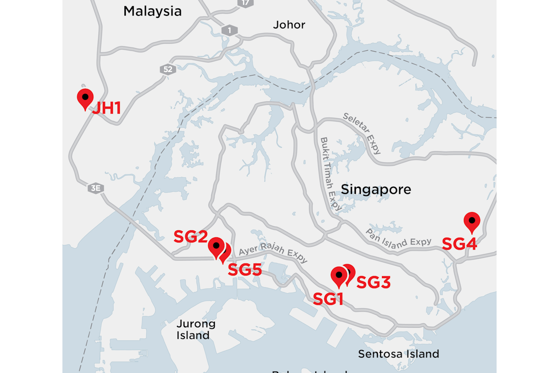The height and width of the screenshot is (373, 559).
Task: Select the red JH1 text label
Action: [x=106, y=109]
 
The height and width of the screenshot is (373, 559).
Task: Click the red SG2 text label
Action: [x=190, y=236]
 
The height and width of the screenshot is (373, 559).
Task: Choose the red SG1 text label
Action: [x=328, y=299]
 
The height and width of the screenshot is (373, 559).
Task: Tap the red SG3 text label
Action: [x=373, y=282]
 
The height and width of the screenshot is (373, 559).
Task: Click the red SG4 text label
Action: [x=459, y=243]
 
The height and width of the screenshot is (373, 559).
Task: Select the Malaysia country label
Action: [x=152, y=11]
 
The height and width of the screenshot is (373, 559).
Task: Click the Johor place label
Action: [x=289, y=25]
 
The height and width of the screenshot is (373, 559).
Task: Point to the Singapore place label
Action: [x=376, y=189]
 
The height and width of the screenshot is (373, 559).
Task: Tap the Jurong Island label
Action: [x=196, y=329]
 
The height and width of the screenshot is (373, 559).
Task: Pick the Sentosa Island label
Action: [x=398, y=354]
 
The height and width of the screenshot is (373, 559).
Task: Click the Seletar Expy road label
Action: [x=362, y=133]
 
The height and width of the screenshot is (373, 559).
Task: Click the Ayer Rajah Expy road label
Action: [x=273, y=254]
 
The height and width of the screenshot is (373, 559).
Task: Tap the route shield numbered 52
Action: [x=168, y=69]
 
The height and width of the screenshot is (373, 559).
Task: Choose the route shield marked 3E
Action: [x=95, y=188]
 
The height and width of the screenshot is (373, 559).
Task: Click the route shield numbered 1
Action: [x=229, y=30]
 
